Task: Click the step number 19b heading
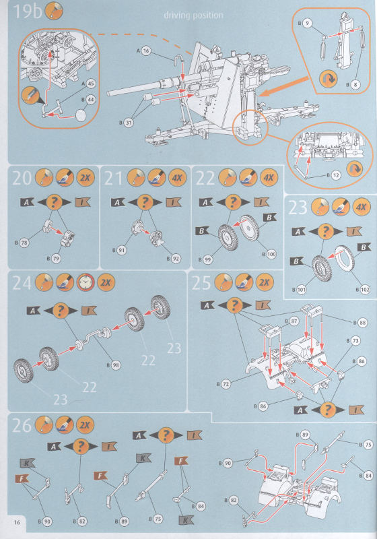[24, 11]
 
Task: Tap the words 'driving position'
[194, 15]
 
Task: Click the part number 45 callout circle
[90, 84]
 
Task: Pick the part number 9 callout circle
[307, 23]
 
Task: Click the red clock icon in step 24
[84, 282]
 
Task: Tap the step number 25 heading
[203, 282]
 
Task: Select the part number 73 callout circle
[355, 342]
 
